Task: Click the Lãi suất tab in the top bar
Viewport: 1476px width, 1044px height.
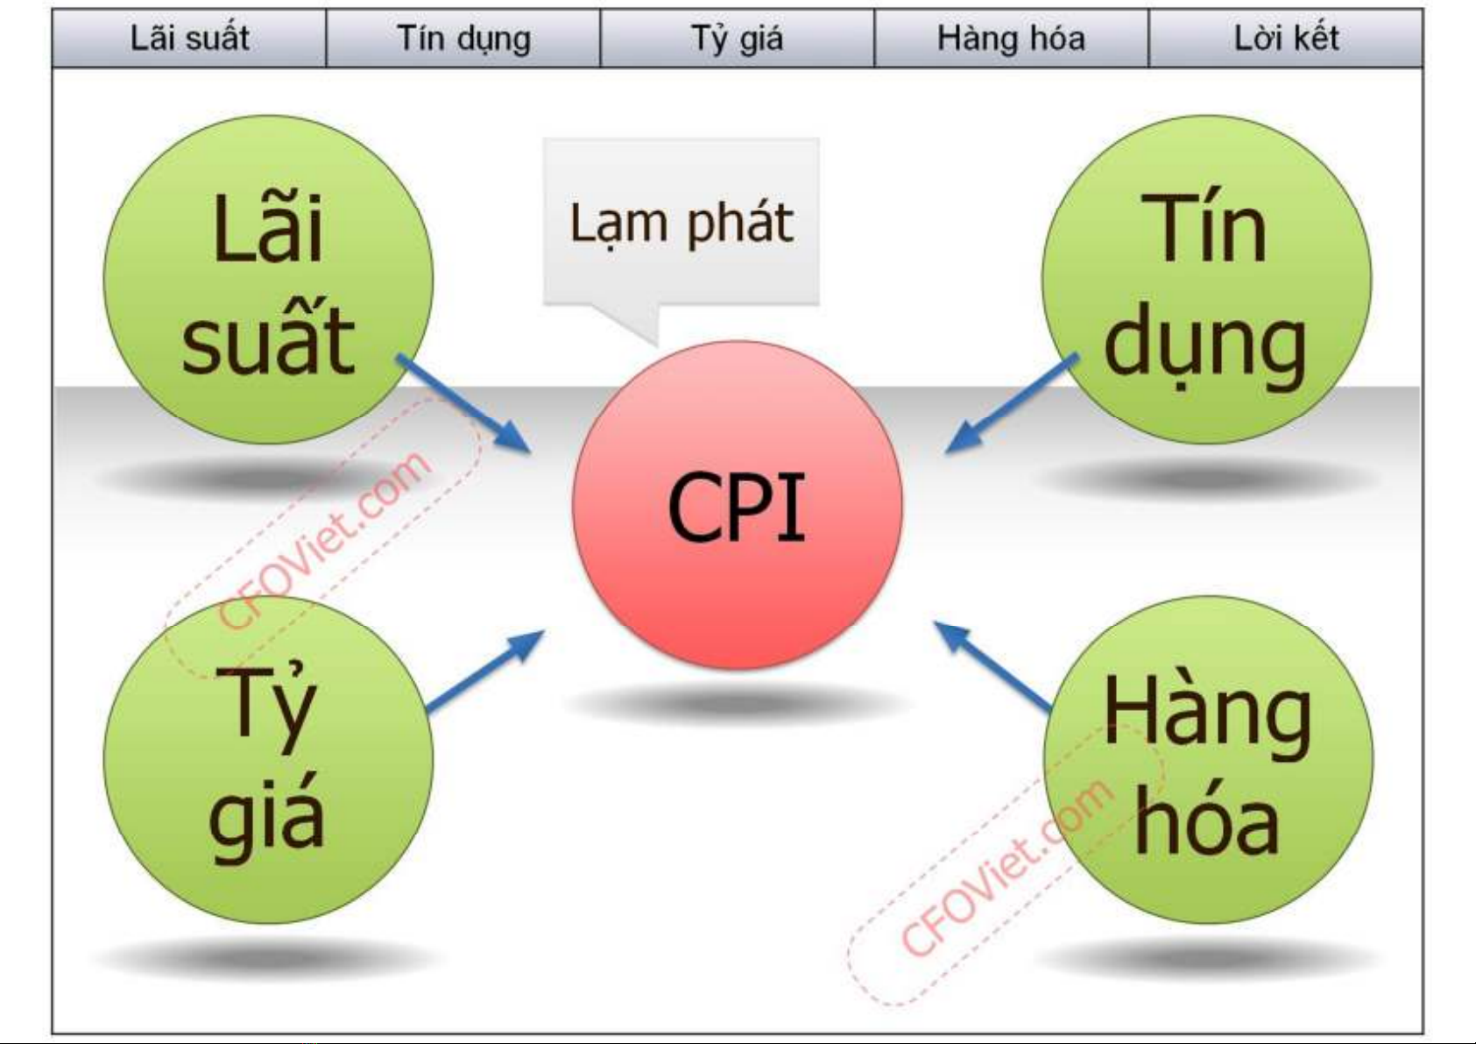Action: [189, 39]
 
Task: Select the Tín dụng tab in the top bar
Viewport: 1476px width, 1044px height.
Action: [463, 39]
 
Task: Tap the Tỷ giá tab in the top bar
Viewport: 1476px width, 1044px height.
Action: [737, 39]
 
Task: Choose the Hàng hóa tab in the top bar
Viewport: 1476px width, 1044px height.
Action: [1011, 39]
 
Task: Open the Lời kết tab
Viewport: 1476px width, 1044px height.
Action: [1286, 39]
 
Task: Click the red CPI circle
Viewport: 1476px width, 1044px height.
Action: [737, 505]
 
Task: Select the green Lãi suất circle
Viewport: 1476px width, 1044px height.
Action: [268, 279]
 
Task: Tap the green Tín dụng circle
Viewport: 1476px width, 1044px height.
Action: [1206, 279]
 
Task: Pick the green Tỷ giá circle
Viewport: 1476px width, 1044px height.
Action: [268, 759]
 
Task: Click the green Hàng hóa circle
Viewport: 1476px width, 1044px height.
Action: [1208, 759]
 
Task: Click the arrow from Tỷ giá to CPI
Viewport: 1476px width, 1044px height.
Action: [484, 671]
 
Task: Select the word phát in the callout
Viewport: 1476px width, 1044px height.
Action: [739, 224]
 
